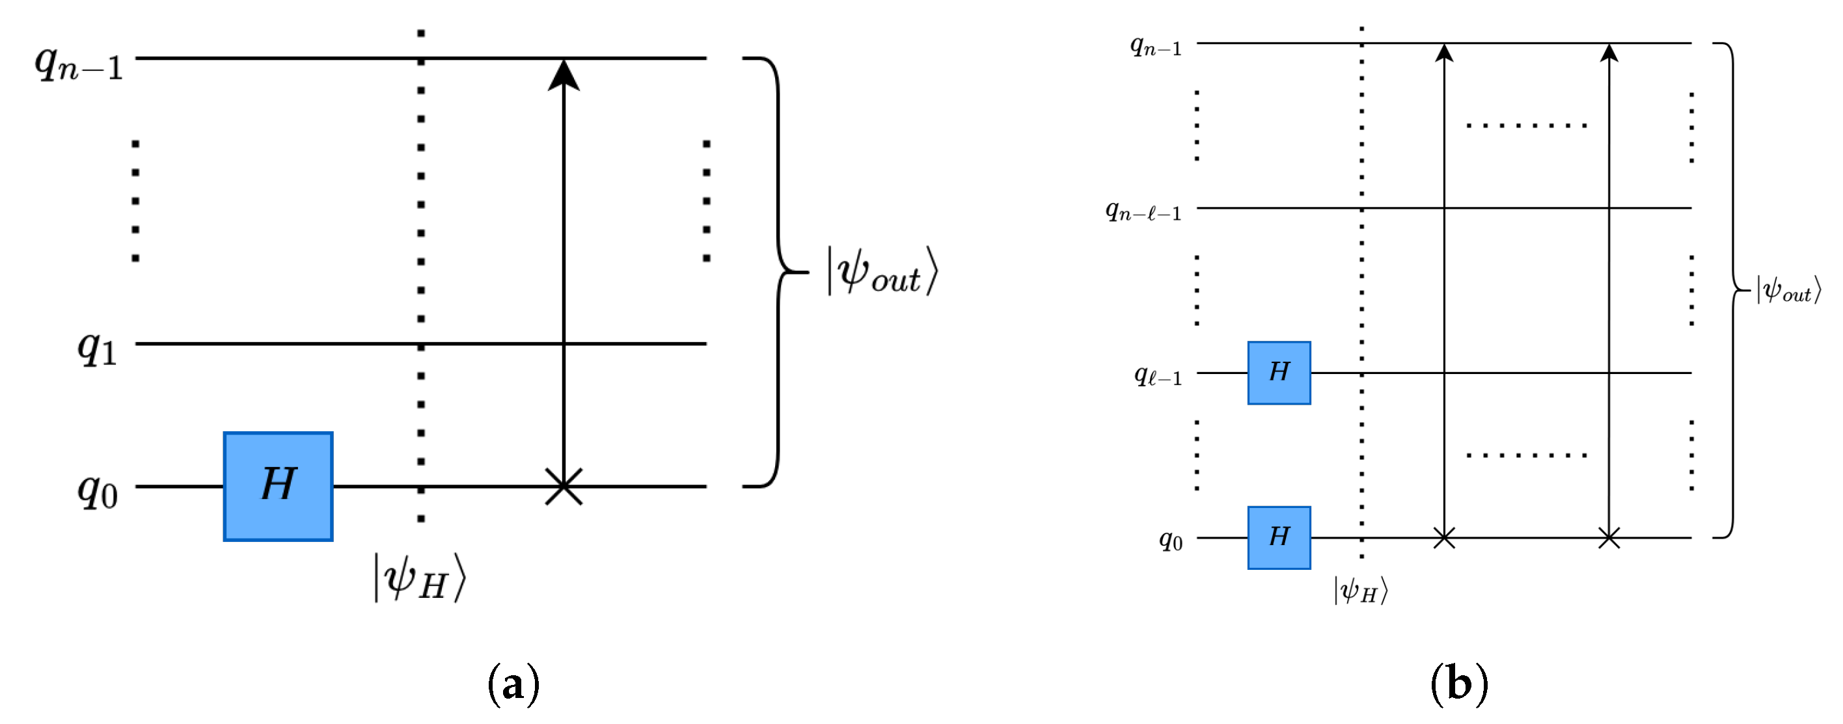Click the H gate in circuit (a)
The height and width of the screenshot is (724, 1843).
[x=278, y=486]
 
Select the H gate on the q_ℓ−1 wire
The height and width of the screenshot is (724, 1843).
[x=1279, y=373]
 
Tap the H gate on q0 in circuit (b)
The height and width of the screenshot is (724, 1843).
[x=1279, y=537]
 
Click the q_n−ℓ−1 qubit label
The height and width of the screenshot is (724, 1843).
[x=1143, y=211]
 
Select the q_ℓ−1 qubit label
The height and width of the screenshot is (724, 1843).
[x=1158, y=375]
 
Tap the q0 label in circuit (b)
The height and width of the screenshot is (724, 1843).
[x=1171, y=539]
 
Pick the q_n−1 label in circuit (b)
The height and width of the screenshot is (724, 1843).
[x=1155, y=46]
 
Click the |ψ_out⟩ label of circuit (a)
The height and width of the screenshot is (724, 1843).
[x=881, y=271]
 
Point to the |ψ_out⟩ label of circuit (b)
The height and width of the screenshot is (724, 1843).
[x=1788, y=291]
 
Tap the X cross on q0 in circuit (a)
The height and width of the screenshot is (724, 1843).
[x=564, y=487]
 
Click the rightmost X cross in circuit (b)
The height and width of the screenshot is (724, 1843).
[x=1609, y=538]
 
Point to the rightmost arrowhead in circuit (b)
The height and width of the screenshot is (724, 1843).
[x=1609, y=52]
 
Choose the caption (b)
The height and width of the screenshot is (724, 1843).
[x=1459, y=684]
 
